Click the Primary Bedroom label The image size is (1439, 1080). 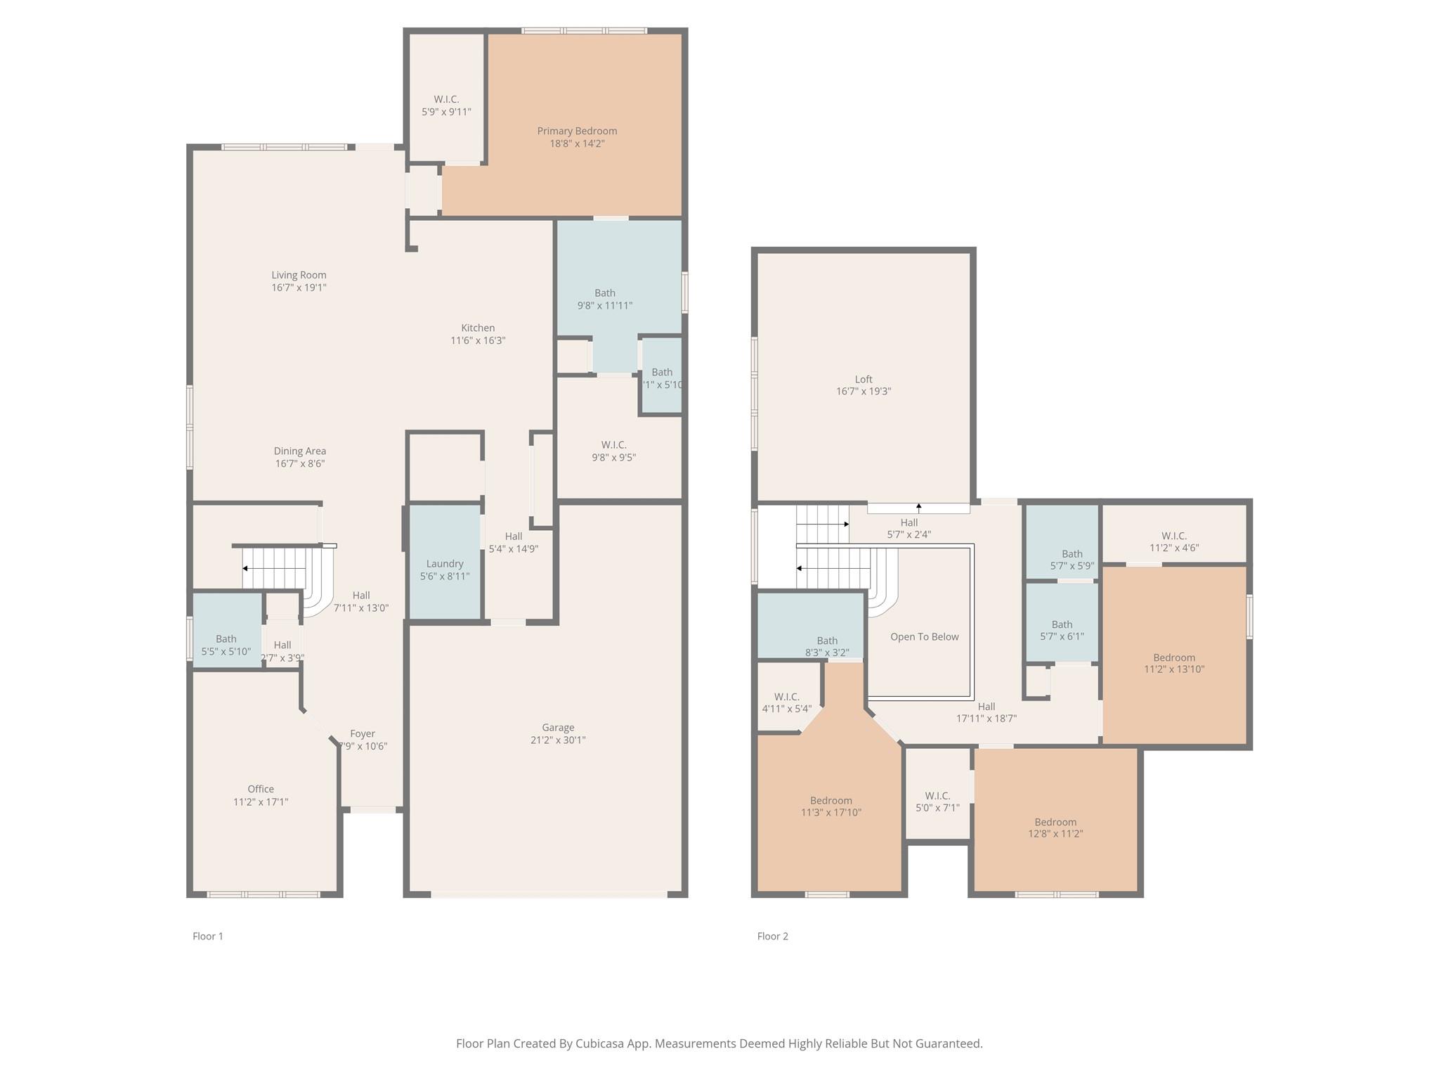click(577, 131)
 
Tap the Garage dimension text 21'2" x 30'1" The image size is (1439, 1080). click(558, 740)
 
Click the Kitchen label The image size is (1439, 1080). click(478, 328)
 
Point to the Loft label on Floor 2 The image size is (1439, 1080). click(864, 380)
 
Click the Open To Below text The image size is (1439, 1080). click(924, 637)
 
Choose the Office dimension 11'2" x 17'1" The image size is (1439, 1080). click(261, 802)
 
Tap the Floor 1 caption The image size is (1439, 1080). click(208, 936)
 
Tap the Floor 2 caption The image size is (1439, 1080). click(772, 936)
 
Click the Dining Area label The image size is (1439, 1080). click(300, 451)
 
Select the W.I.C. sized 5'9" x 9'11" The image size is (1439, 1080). click(446, 105)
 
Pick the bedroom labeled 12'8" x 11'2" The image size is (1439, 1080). click(1055, 828)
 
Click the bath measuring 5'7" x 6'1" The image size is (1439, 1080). click(1062, 630)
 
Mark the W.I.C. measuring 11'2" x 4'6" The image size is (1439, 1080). click(1174, 542)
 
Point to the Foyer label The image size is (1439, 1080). click(363, 734)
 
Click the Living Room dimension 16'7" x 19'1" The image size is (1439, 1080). click(299, 288)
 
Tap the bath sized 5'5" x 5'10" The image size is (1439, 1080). click(226, 645)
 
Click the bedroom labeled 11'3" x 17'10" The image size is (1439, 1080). click(831, 806)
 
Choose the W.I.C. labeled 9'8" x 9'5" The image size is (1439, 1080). click(613, 451)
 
